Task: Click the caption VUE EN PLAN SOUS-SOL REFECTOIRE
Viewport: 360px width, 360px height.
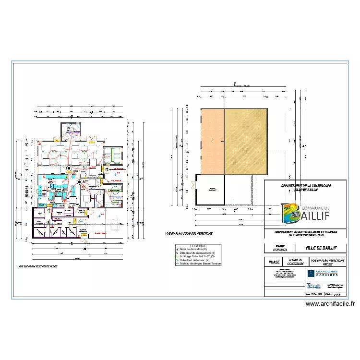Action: pos(188,234)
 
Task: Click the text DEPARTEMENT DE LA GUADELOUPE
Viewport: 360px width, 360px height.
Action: pos(306,185)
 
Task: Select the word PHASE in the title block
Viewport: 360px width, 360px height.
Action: pos(274,262)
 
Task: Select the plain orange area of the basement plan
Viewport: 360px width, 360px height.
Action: pos(212,140)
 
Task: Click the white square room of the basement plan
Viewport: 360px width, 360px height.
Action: pos(210,190)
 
